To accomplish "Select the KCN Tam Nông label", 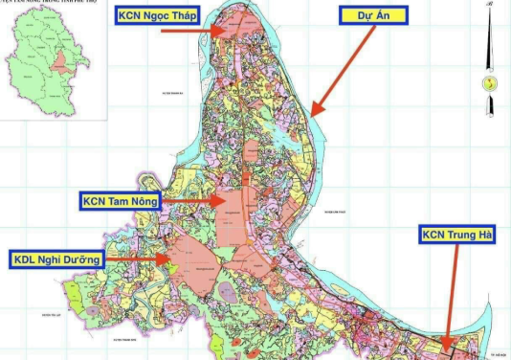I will [x=120, y=201].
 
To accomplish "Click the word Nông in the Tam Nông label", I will [x=140, y=201].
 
